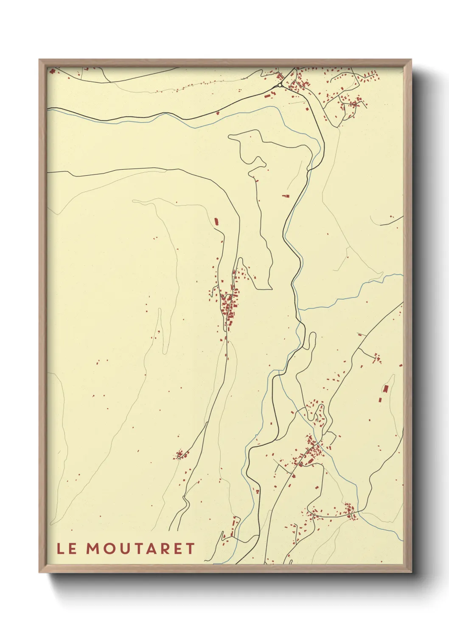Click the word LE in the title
[x=67, y=549]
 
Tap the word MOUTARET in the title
[x=140, y=549]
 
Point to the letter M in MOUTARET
[x=93, y=549]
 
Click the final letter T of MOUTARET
[x=190, y=549]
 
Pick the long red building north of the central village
[x=216, y=221]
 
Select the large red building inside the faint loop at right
[x=386, y=388]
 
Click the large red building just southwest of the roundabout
[x=267, y=96]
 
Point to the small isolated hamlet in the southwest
[x=180, y=455]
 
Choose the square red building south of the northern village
[x=286, y=196]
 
